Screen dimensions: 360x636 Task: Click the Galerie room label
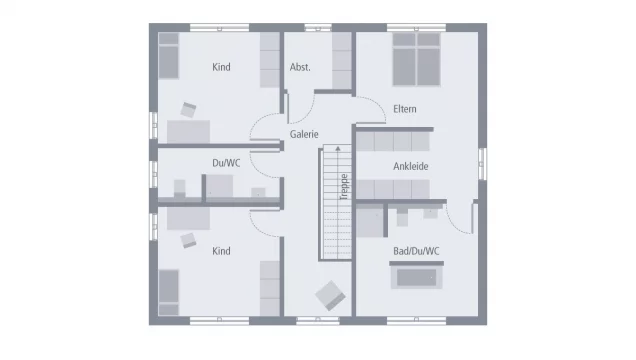pos(304,133)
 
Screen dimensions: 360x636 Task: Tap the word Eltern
pos(405,109)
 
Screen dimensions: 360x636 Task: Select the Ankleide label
pos(410,166)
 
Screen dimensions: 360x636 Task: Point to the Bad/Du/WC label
pos(415,250)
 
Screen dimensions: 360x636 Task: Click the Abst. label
pos(300,67)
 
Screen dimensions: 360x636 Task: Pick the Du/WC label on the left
pos(225,161)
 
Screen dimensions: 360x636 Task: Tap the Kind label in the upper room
pos(221,67)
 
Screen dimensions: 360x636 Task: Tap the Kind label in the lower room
pos(221,251)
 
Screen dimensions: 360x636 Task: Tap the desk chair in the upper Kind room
pos(189,109)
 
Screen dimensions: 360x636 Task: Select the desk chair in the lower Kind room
pos(189,238)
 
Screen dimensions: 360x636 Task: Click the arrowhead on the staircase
pos(338,148)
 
